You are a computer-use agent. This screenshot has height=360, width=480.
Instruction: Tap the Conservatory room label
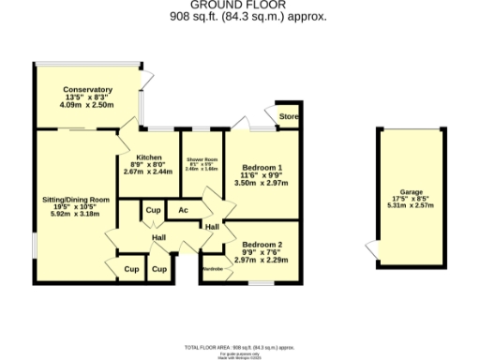pos(88,90)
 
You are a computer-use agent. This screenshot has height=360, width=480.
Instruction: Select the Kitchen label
pos(148,157)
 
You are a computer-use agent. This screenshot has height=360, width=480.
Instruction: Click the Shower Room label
pos(202,160)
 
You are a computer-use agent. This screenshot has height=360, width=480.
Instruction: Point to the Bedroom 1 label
pos(262,167)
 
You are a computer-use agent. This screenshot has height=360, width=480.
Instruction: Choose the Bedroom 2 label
pos(262,245)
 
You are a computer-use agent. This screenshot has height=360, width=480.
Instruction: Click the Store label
pos(288,117)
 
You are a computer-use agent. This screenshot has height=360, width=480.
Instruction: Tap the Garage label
pos(408,190)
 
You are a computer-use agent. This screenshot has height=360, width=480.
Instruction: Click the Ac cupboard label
pos(184,210)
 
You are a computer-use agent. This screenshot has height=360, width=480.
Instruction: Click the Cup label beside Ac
pos(151,210)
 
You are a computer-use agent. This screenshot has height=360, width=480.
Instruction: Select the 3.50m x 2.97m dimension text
pos(262,184)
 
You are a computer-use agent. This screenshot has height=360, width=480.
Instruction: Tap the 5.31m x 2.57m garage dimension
pos(408,205)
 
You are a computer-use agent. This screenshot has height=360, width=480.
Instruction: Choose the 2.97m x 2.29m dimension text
pos(262,260)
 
